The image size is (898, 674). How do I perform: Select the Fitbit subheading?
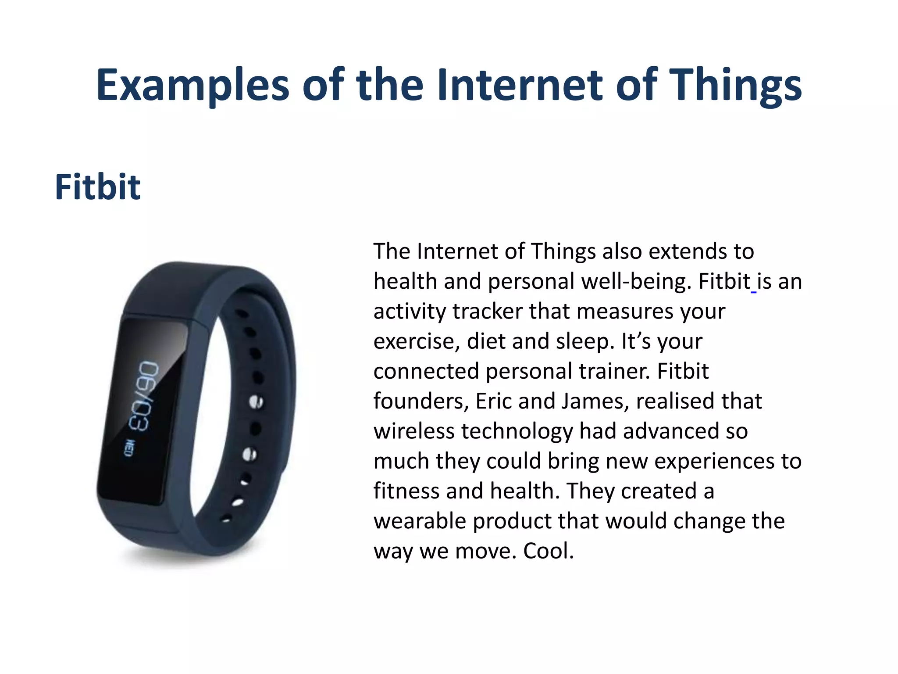pyautogui.click(x=97, y=187)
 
